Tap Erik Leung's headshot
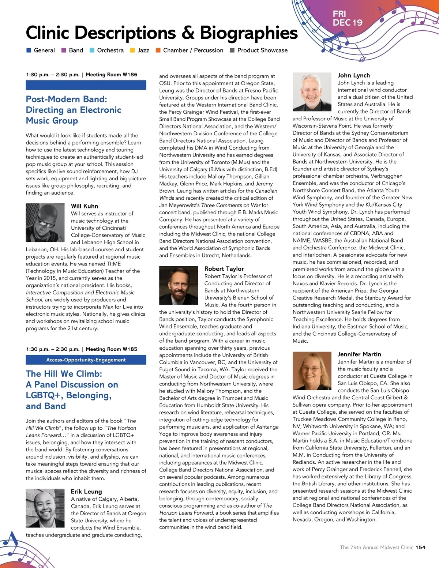[x=45, y=508]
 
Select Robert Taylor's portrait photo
[x=179, y=285]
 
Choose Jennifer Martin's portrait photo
[x=312, y=370]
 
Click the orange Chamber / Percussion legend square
[x=158, y=50]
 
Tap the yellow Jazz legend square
[x=133, y=50]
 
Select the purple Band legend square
[x=64, y=50]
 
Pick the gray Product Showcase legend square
[x=232, y=50]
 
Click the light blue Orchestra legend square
[x=92, y=50]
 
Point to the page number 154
[x=420, y=547]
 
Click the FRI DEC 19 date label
[x=347, y=18]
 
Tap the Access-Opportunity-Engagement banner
[x=86, y=360]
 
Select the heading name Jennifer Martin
[x=359, y=354]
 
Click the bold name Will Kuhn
[x=85, y=206]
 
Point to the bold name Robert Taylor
[x=224, y=269]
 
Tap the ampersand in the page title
[x=188, y=33]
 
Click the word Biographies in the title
[x=249, y=33]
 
